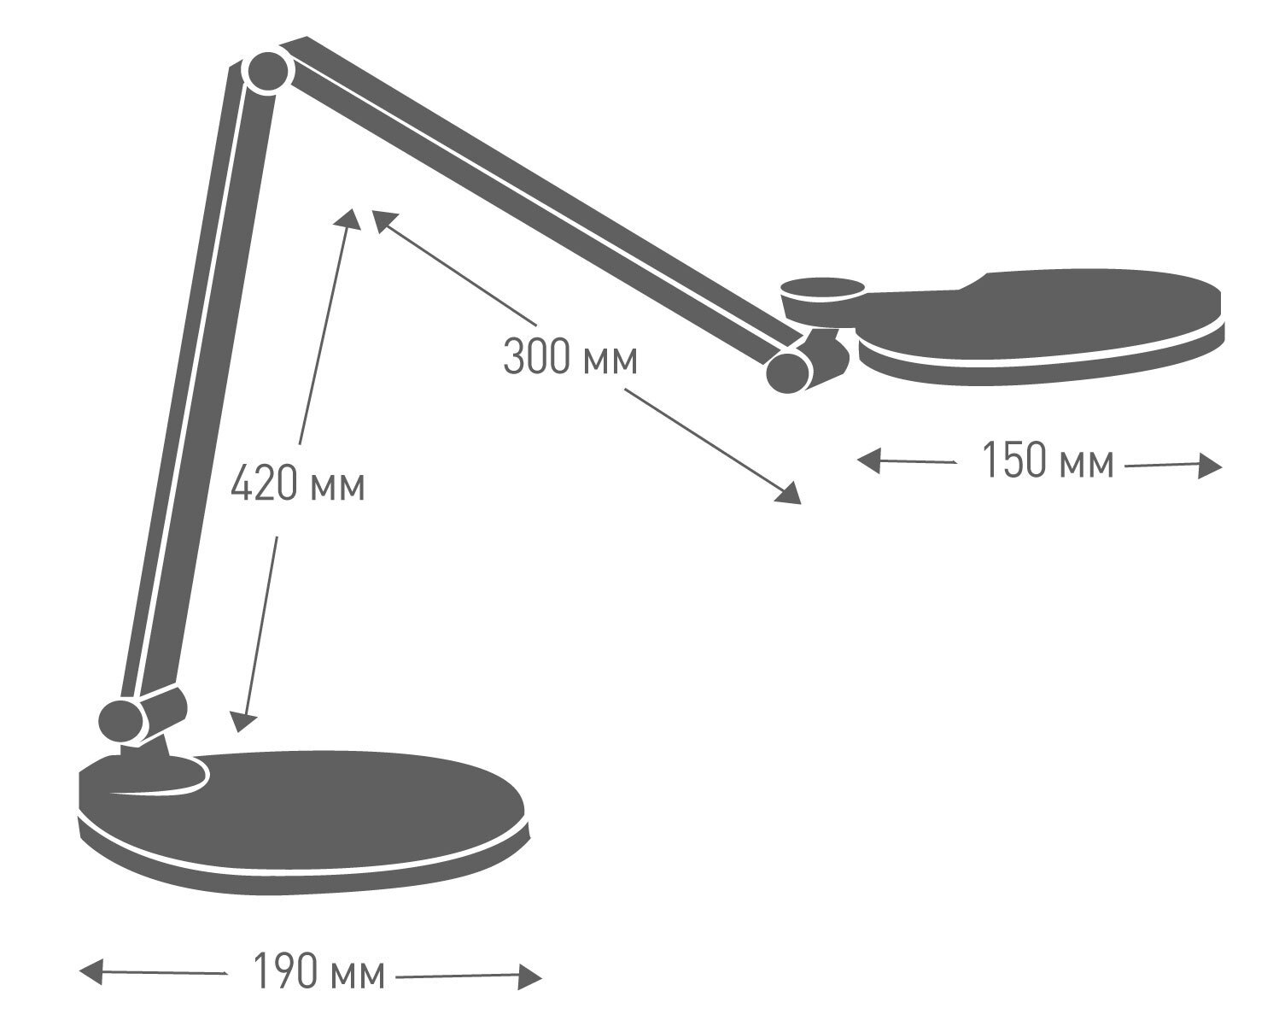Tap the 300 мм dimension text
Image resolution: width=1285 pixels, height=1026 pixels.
pos(570,357)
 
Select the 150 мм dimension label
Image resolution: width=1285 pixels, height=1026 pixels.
pos(1048,460)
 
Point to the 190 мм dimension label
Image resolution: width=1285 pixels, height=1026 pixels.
pos(319,971)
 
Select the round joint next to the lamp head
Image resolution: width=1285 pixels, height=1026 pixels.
pos(788,372)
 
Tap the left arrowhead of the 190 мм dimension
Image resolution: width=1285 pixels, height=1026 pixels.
pos(91,971)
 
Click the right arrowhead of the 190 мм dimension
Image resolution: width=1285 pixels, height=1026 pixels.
pos(529,977)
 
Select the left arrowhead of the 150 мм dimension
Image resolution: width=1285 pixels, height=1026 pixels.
pos(869,460)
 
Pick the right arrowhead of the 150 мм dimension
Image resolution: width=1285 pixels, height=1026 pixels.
pos(1210,466)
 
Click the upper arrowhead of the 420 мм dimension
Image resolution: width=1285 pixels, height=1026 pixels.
pos(348,219)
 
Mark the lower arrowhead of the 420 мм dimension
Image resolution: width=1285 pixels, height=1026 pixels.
pos(242,723)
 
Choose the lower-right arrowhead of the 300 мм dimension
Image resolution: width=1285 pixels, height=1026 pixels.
pos(788,494)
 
